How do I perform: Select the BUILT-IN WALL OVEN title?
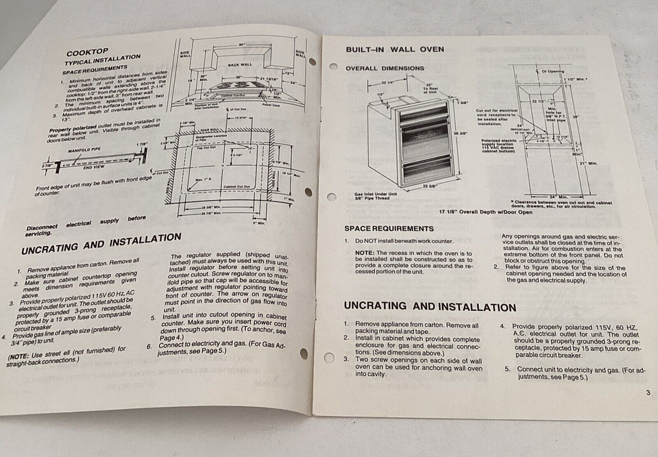pos(395,49)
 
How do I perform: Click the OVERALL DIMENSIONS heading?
pos(385,68)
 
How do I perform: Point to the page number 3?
pos(648,393)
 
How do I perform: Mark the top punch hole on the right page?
pos(334,67)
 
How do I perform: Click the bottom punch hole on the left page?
pos(303,354)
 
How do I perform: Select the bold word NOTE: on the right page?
pos(365,251)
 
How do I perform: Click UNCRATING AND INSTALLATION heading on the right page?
pos(430,306)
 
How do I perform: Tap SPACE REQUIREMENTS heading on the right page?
pos(389,228)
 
